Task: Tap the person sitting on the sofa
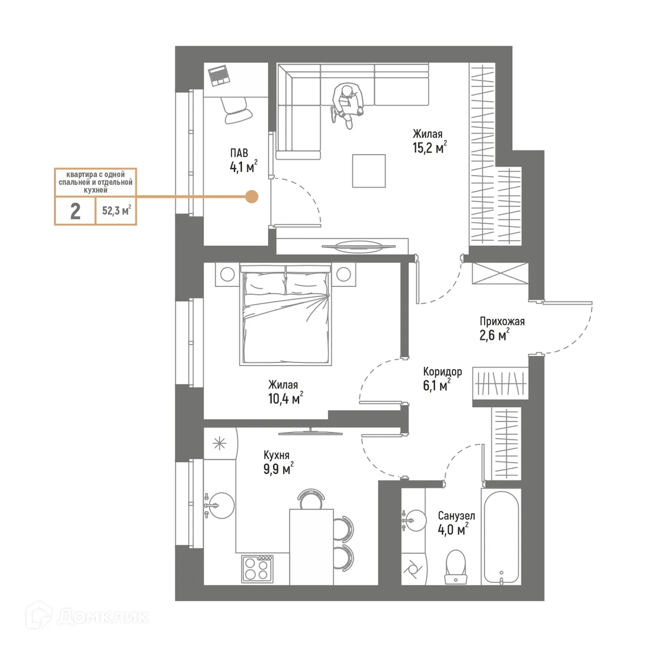pos(347,102)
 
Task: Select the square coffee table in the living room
pos(369,171)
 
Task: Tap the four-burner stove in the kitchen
pos(257,568)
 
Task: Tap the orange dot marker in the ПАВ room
pos(251,197)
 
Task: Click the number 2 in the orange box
pos(75,211)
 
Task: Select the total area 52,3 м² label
pos(116,211)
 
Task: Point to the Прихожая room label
pos(502,322)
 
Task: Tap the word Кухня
pos(277,456)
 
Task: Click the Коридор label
pos(442,372)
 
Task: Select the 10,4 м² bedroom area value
pos(285,399)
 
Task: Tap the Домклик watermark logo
pos(88,616)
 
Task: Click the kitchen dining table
pos(311,546)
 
